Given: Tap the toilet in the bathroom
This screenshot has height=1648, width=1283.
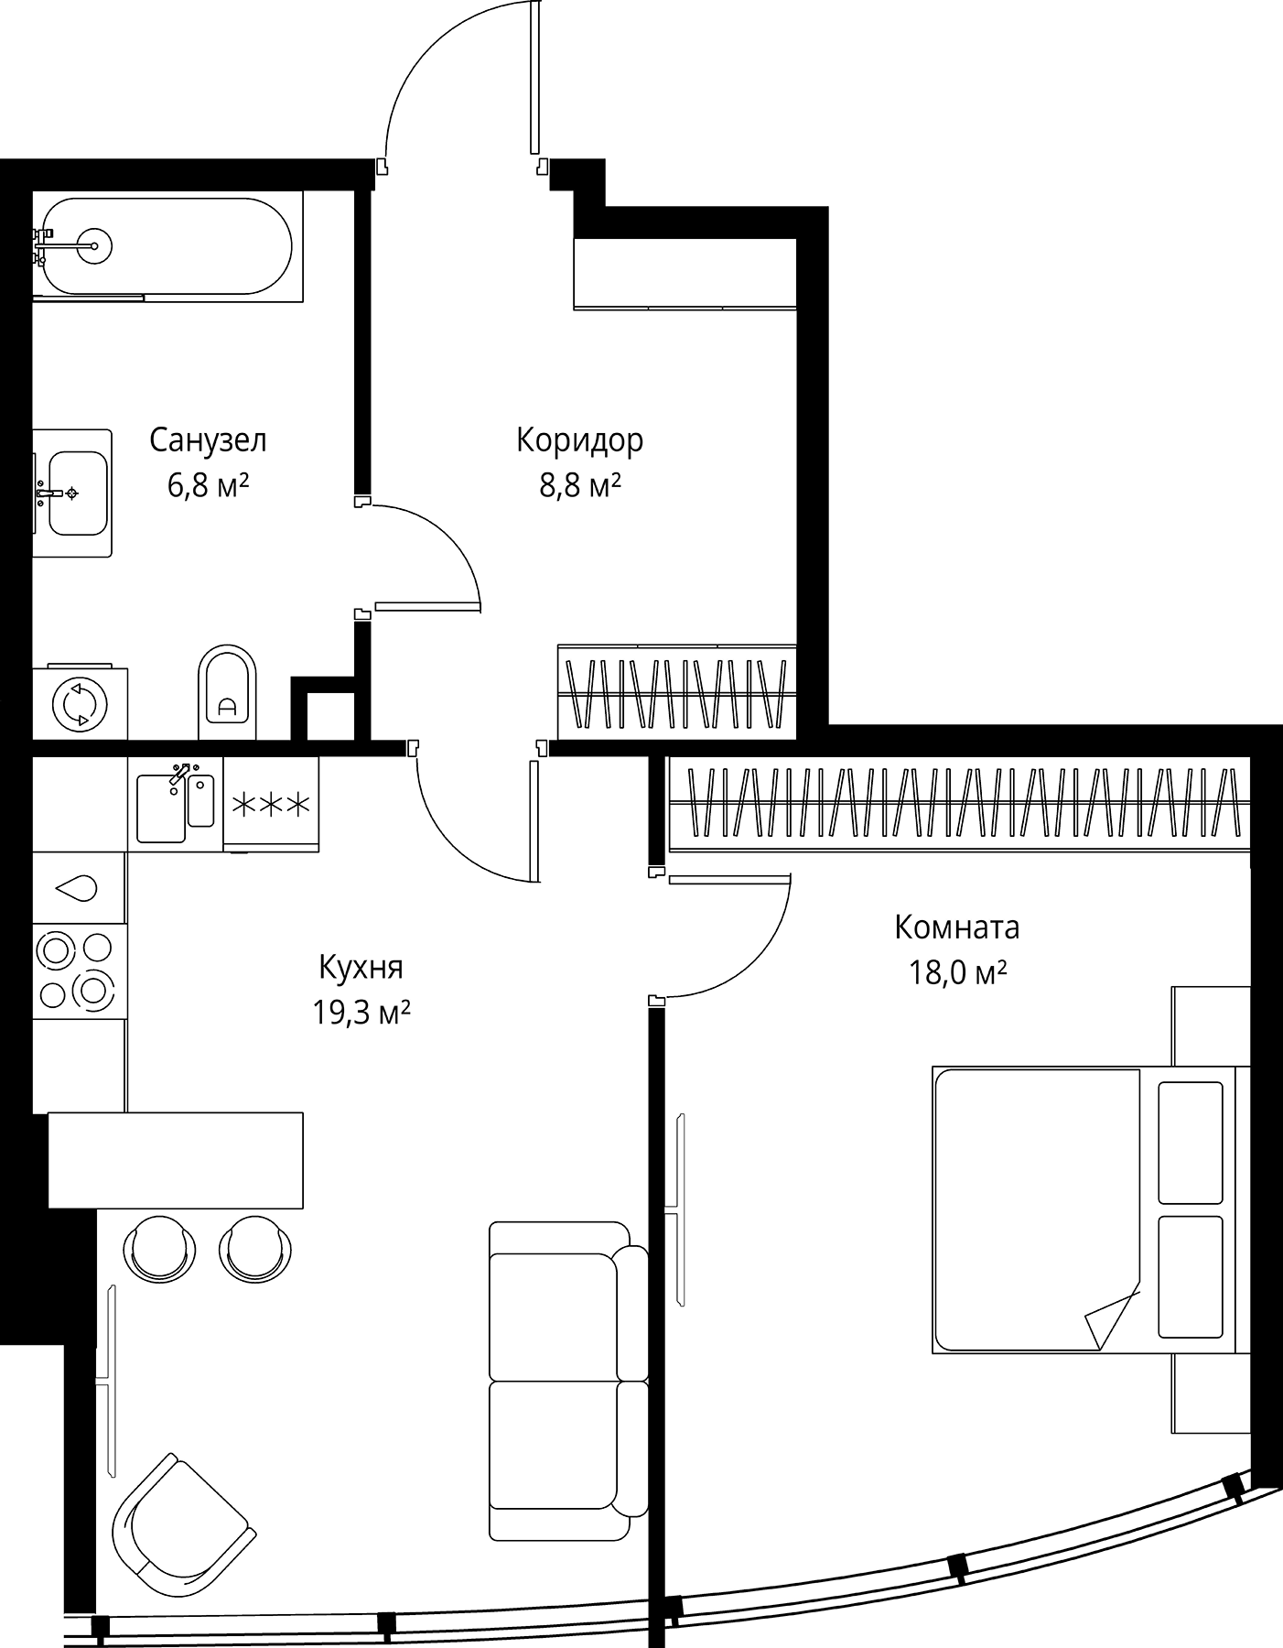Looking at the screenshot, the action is pos(227,692).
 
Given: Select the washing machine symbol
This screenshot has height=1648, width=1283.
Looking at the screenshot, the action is pos(80,703).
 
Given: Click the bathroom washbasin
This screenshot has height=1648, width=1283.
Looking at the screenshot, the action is pos(73,493).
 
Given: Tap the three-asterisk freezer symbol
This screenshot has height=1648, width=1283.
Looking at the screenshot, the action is pos(271,805).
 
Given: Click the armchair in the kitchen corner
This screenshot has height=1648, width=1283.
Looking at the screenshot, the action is pos(181,1522).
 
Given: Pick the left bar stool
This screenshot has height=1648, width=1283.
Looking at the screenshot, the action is pos(159,1247).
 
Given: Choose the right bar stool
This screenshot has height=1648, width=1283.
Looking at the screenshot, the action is pos(255,1247).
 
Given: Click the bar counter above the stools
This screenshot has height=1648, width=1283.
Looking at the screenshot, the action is pos(175,1159).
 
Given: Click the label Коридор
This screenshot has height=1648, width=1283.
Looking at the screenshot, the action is pos(579,440).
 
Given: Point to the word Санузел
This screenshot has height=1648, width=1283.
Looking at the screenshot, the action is pos(209,440).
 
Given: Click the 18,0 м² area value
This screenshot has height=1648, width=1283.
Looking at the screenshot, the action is pos(957,972).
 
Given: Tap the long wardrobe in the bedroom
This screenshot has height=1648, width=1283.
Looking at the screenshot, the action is pos(959,803).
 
